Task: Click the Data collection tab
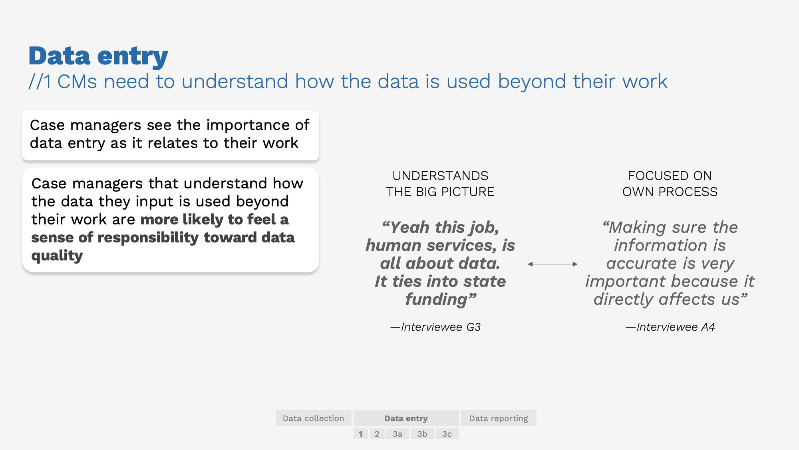point(313,418)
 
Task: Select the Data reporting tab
point(498,418)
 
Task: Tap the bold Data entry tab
point(406,418)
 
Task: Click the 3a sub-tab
point(397,434)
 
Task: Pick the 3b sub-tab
point(422,434)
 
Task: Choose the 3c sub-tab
point(447,434)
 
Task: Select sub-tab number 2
point(377,434)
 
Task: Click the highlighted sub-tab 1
point(361,434)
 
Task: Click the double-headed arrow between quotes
point(553,264)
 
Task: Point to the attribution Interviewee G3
point(435,327)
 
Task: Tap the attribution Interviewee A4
point(670,327)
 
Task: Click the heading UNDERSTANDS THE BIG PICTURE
point(440,184)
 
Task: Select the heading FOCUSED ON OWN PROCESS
point(670,184)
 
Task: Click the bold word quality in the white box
point(57,256)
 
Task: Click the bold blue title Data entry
point(98,56)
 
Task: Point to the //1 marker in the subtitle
point(40,82)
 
